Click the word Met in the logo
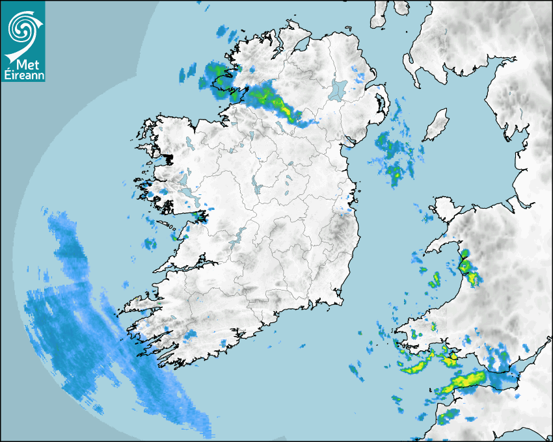coord(26,65)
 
